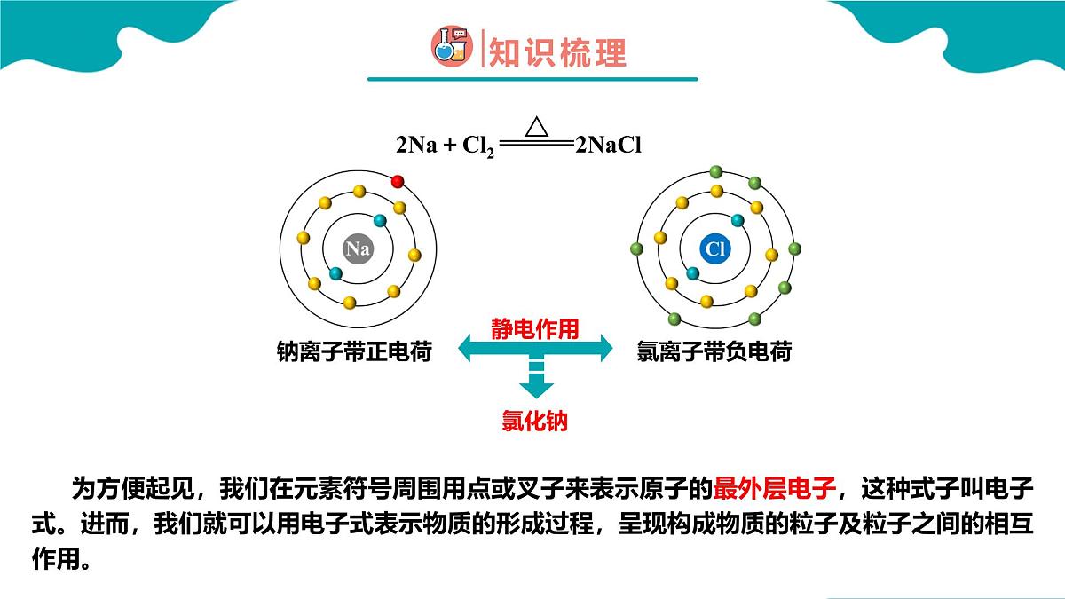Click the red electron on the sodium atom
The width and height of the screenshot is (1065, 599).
398,182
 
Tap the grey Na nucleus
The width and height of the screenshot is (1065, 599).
358,248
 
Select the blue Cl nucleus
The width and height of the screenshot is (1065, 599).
715,248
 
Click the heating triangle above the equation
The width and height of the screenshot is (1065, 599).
537,126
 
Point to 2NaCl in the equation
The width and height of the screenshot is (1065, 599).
609,145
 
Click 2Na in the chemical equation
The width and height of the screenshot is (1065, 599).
416,145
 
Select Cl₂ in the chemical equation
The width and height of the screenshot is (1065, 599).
478,146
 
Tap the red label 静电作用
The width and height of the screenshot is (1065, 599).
535,329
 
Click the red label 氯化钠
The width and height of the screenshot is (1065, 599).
535,421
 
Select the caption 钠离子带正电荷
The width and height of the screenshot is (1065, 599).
354,351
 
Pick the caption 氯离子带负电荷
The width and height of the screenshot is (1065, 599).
714,351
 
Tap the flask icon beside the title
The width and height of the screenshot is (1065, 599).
452,46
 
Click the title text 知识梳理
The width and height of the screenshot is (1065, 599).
557,52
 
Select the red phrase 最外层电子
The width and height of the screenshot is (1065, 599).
775,488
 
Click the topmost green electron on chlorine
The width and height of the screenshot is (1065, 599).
716,171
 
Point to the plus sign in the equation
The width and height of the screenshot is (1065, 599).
450,145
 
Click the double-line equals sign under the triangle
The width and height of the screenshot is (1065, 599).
536,142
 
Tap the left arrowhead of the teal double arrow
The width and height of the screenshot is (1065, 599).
465,348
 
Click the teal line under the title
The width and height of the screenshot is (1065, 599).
532,79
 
